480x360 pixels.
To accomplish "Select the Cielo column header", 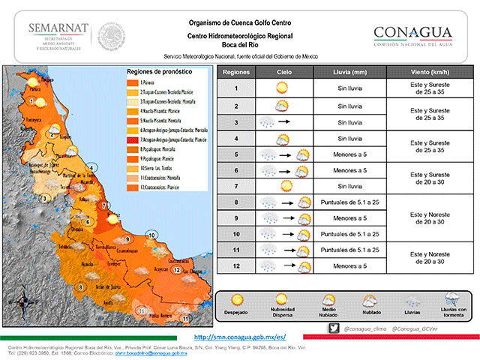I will tap(283, 73).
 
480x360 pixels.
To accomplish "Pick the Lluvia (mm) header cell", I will tap(349, 73).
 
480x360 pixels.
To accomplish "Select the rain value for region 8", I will tap(349, 202).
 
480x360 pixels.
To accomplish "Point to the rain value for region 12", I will tap(349, 266).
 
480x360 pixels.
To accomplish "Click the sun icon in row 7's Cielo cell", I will tap(284, 185).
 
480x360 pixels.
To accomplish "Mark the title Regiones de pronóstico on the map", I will tap(157, 71).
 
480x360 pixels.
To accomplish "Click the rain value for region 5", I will tap(349, 154).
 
